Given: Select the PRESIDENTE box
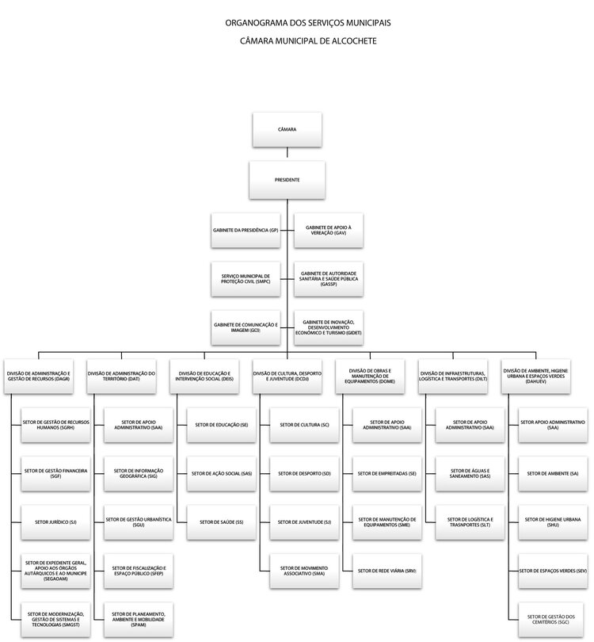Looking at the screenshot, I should point(287,180).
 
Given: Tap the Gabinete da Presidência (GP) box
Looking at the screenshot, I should point(246,230).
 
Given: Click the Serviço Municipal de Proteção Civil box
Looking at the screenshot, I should point(246,278).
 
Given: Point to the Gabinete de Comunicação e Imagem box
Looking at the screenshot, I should point(246,327).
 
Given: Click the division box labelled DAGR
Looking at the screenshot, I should point(39,376).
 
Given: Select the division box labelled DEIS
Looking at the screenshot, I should point(205,376).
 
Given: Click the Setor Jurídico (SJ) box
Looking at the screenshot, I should point(55,522).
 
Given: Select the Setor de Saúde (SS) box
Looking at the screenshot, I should point(220,522).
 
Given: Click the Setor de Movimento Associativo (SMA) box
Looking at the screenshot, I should point(303,571).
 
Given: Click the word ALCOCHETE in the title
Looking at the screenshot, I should point(349,40).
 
